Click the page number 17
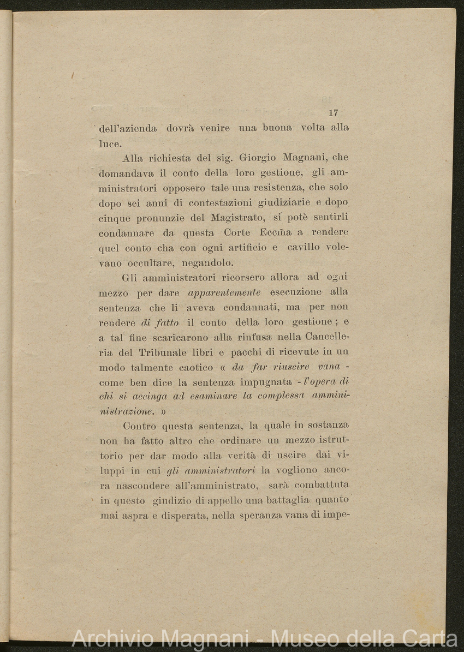334,113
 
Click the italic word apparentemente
224,293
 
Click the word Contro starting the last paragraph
139,425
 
